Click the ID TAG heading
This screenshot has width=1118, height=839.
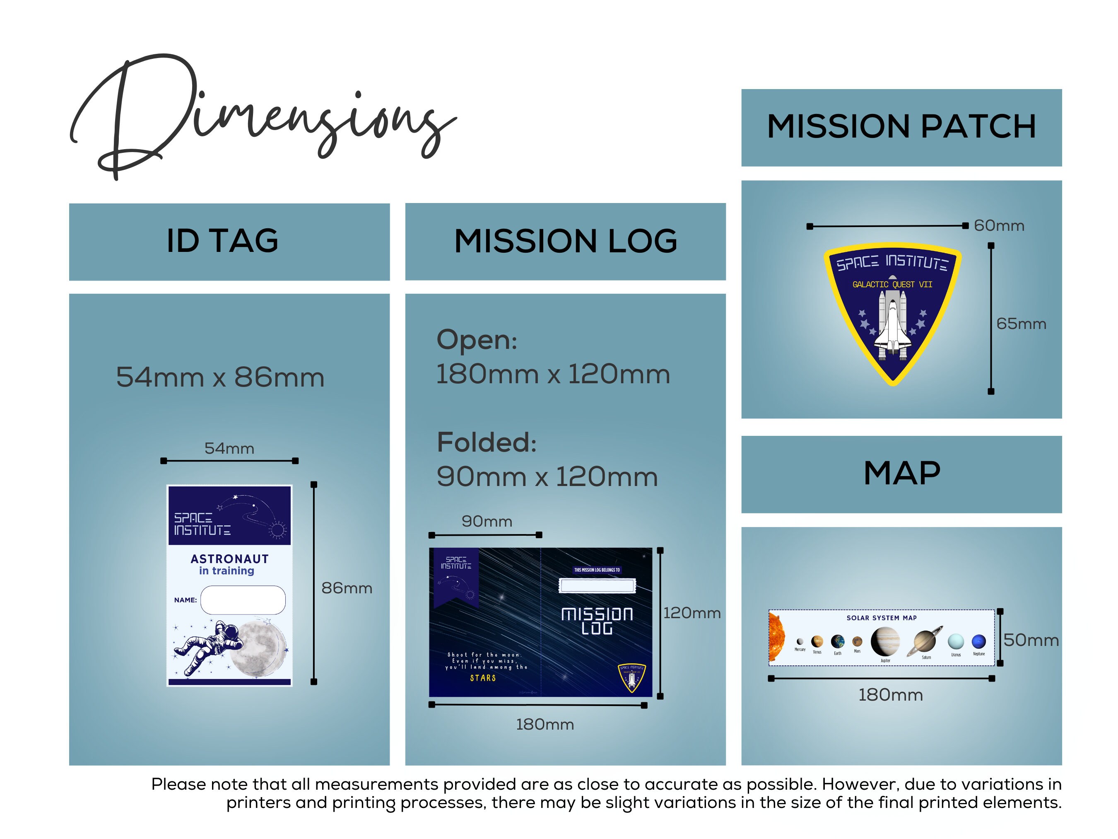(222, 241)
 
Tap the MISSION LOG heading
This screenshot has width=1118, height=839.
(565, 241)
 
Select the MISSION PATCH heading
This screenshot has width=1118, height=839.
(901, 126)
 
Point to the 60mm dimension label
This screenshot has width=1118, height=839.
(999, 225)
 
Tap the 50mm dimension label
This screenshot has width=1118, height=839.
(1031, 640)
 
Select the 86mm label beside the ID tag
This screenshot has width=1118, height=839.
(347, 588)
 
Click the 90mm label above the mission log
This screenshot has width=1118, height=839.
(487, 521)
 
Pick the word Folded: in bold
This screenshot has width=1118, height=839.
(486, 442)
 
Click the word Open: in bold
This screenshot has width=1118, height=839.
(477, 340)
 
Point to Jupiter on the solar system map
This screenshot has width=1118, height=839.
(885, 641)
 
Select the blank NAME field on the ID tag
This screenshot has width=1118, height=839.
(243, 600)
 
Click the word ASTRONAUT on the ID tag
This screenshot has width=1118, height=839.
(229, 559)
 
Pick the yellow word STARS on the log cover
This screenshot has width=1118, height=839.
(483, 678)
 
